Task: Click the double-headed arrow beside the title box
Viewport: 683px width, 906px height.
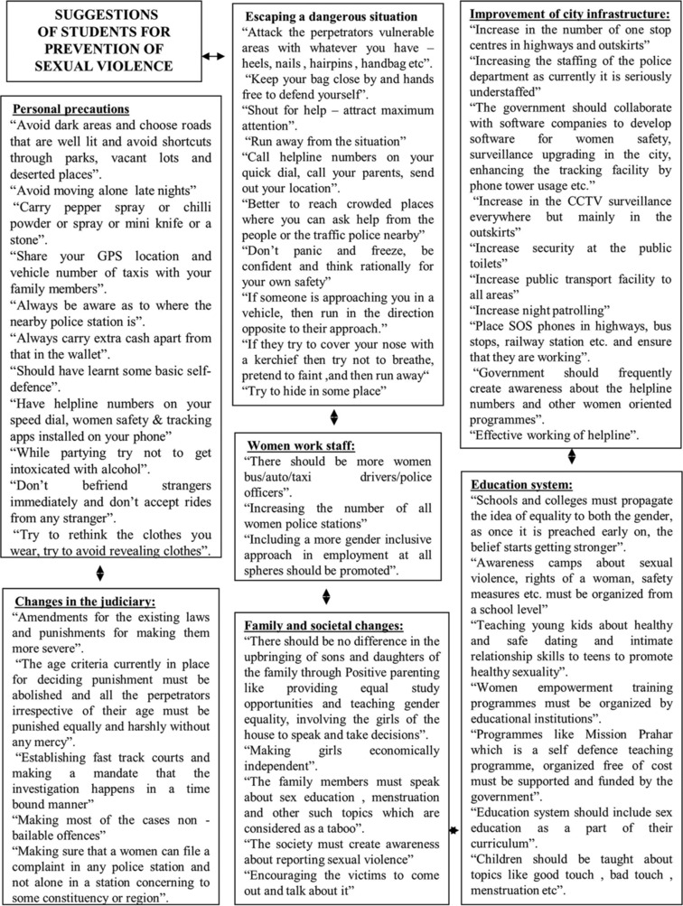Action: (214, 56)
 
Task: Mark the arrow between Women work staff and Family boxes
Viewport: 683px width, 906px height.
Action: (326, 596)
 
